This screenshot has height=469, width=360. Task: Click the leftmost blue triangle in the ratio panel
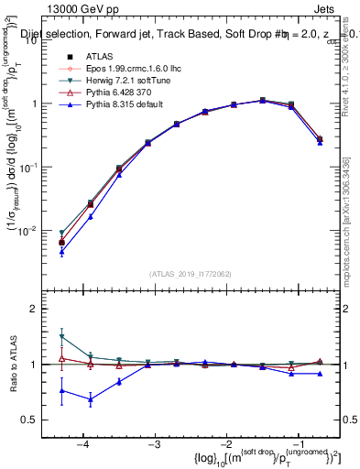(x=61, y=390)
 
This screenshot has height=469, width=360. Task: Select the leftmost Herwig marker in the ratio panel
(x=61, y=337)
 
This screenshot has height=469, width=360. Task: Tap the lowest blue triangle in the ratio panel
(x=90, y=399)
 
